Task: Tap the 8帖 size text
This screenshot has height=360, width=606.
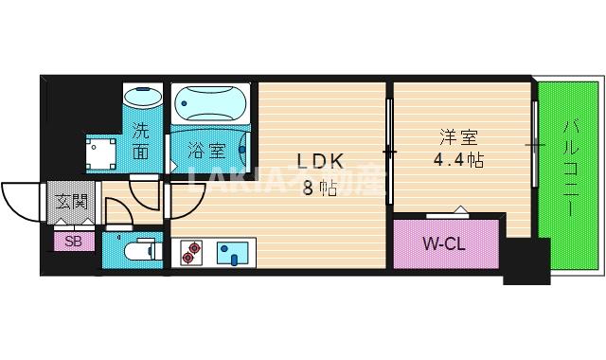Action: tap(320, 187)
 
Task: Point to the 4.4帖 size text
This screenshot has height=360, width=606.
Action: tap(459, 159)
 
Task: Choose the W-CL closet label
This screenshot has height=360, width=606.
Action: tap(444, 245)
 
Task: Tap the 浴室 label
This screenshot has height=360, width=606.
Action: tap(205, 150)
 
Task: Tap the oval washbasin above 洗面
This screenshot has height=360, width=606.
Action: tap(143, 98)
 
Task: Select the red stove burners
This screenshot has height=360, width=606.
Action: tap(192, 251)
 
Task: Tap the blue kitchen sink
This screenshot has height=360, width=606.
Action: tap(231, 253)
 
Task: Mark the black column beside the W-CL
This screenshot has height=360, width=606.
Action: tap(526, 261)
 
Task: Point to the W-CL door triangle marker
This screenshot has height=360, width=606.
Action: tap(459, 209)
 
